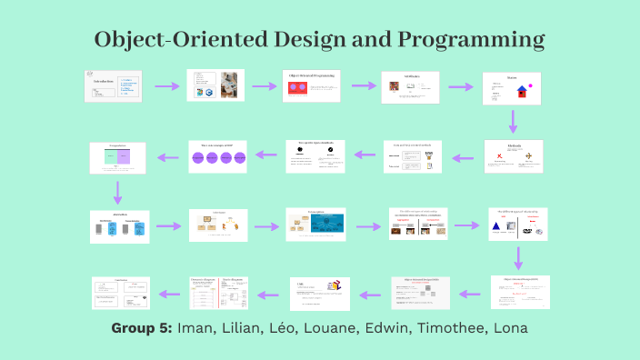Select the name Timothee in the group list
[x=450, y=328]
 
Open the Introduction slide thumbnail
[x=114, y=85]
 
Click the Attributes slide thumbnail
[x=410, y=86]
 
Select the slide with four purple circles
[x=216, y=156]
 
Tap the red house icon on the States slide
[x=510, y=91]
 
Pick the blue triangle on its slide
[x=497, y=225]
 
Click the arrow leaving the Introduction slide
[x=167, y=86]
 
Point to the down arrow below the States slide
[x=513, y=121]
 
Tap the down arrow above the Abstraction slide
[x=117, y=192]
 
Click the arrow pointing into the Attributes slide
[x=365, y=86]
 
